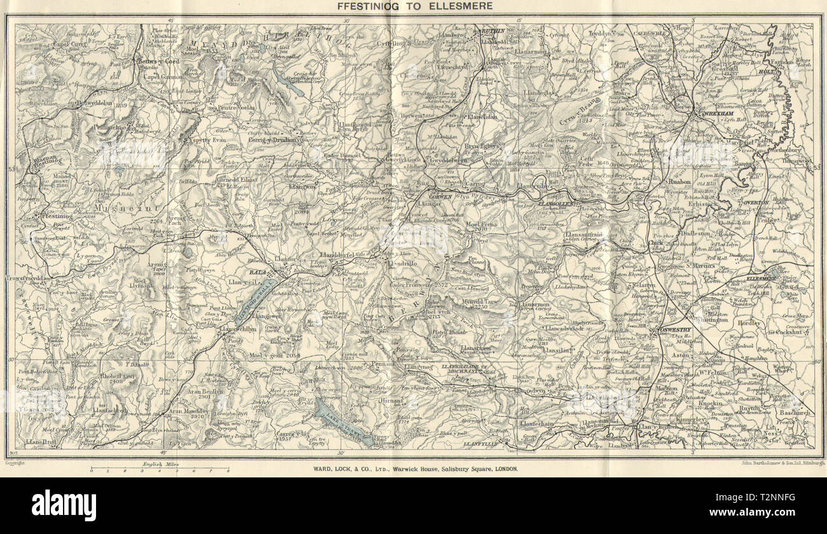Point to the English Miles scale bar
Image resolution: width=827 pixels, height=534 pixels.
[160, 470]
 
